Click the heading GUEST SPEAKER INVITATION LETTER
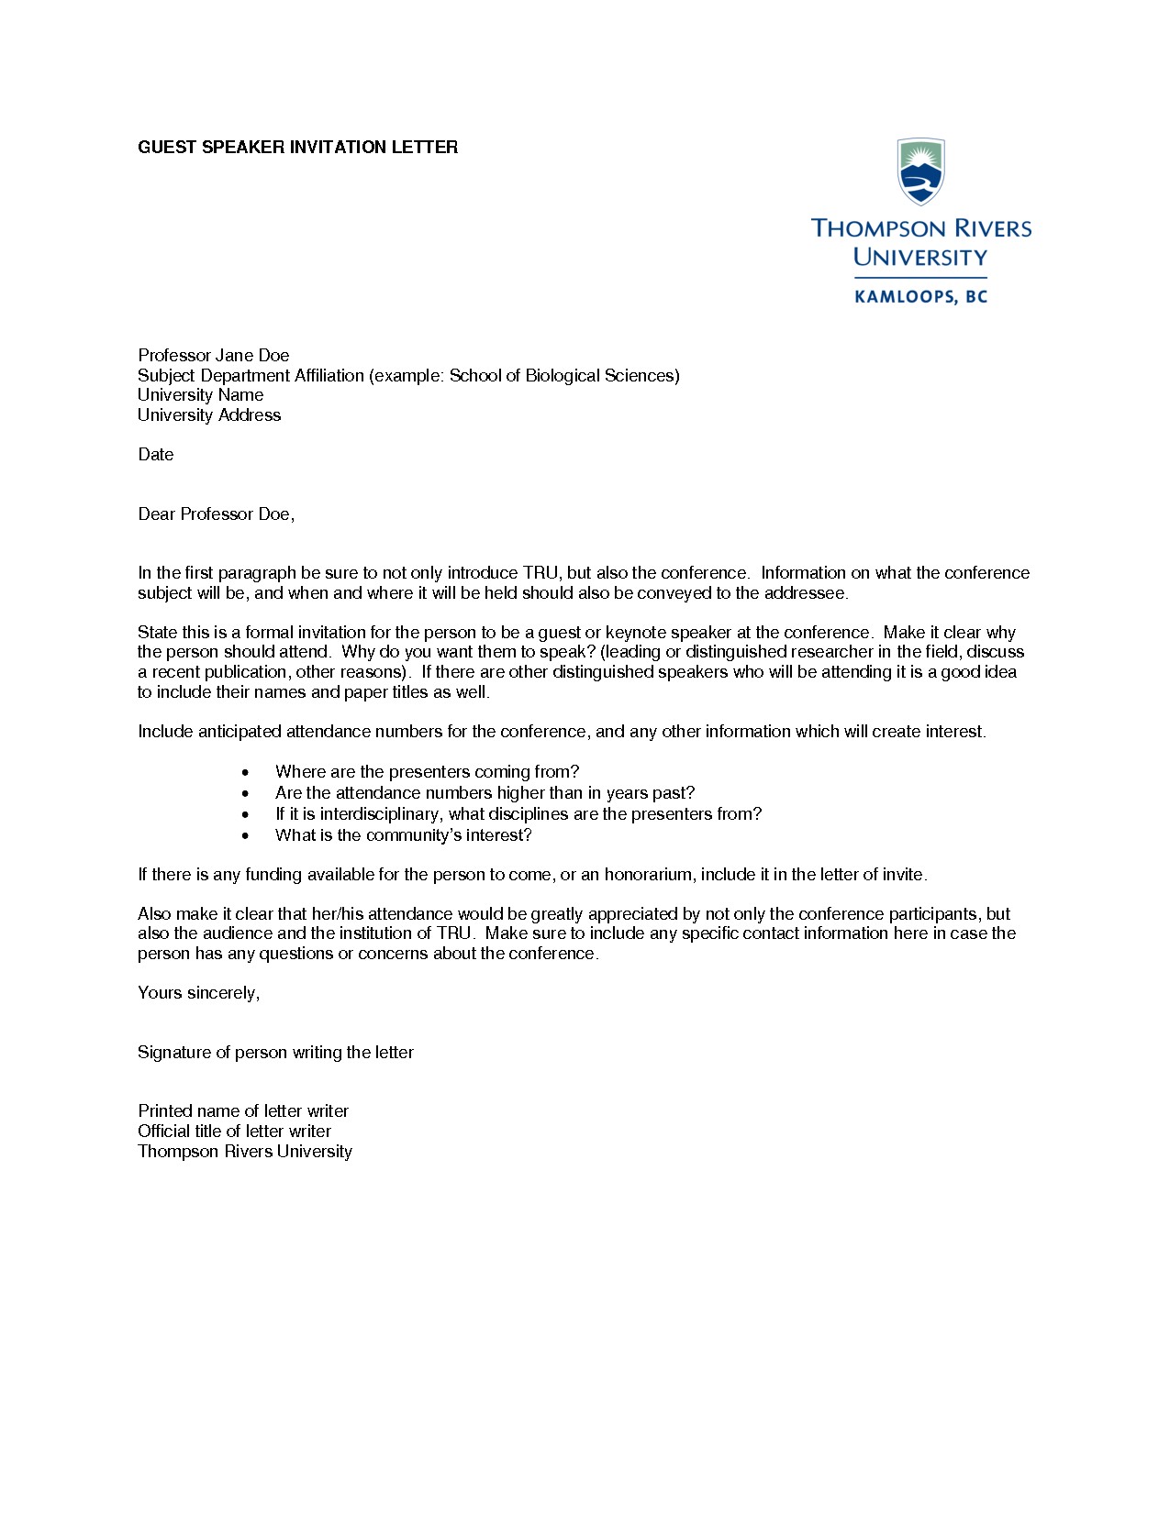(297, 148)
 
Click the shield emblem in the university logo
(920, 171)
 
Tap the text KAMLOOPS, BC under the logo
(920, 297)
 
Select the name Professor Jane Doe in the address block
(213, 356)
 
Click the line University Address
(209, 415)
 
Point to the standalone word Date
(155, 455)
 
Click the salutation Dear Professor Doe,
(216, 514)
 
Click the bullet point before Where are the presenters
(245, 773)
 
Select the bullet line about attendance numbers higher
(485, 793)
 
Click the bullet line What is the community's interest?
(403, 835)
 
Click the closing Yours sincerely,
(198, 993)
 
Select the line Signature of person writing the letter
(275, 1053)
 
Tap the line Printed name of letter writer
(243, 1111)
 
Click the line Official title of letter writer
(234, 1132)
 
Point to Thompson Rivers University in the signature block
(244, 1152)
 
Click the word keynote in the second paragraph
(635, 633)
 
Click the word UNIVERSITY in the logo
(920, 258)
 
